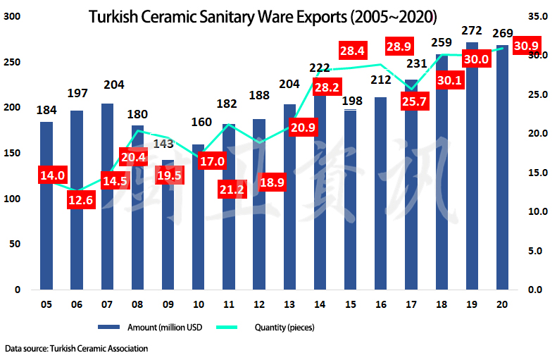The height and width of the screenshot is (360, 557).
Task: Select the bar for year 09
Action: (168, 232)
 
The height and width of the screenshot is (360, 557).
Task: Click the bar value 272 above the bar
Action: (472, 30)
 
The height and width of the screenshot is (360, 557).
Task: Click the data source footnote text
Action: (76, 349)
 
